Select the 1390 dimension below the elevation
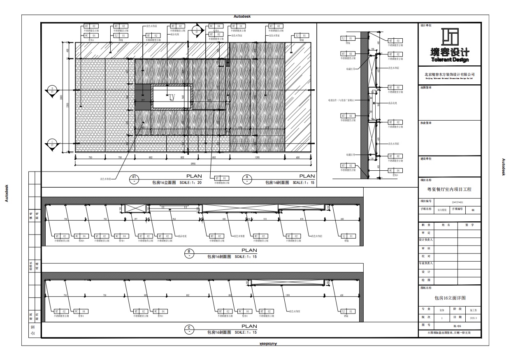click(257, 158)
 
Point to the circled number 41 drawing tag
click(134, 178)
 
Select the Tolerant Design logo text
click(450, 60)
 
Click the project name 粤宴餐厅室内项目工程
click(450, 190)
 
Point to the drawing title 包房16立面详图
click(450, 297)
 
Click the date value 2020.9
click(473, 318)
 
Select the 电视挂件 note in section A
click(341, 100)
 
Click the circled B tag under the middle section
click(189, 253)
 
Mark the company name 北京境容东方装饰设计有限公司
click(450, 74)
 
